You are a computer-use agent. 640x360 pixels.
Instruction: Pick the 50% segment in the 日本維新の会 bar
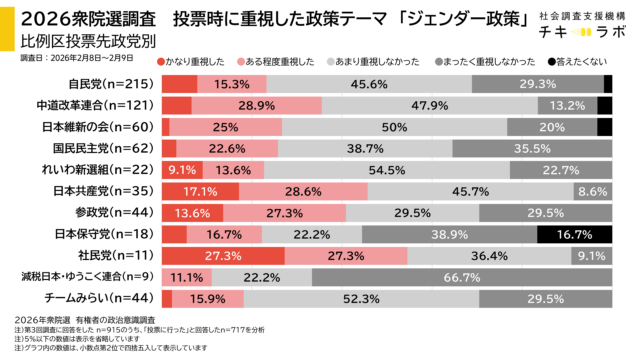click(379, 127)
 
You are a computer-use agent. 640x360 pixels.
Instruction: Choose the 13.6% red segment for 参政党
click(192, 212)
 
